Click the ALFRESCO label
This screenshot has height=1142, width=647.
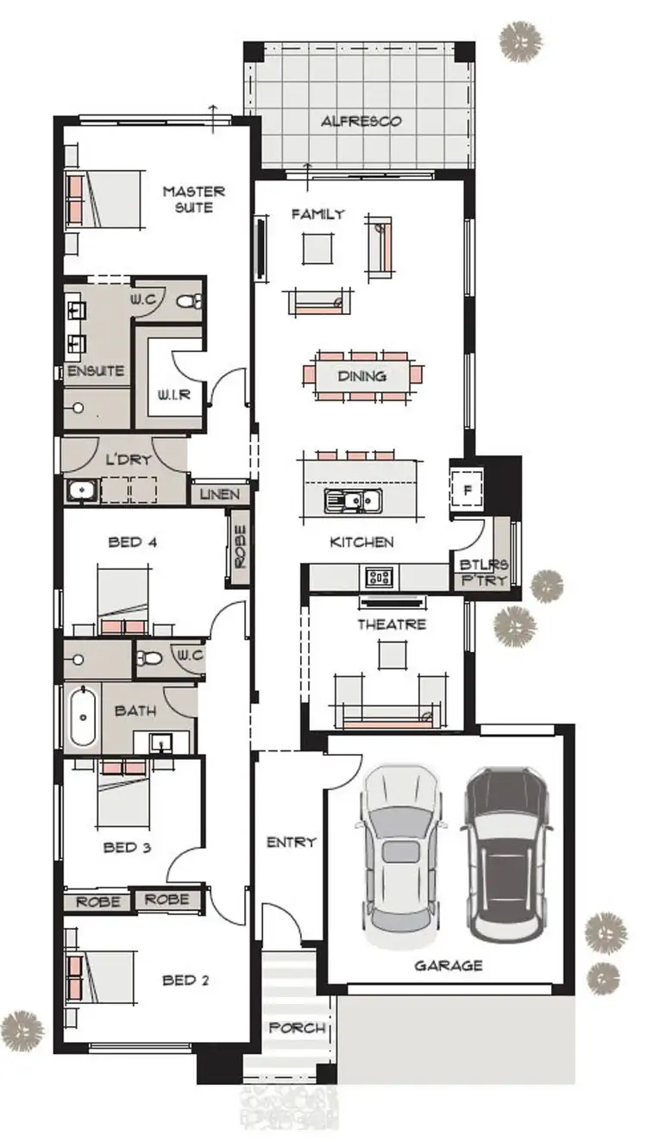(x=361, y=122)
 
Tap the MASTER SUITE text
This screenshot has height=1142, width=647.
(x=193, y=199)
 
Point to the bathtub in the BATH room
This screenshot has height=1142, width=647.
(x=83, y=716)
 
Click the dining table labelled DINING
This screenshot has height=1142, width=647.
(x=362, y=377)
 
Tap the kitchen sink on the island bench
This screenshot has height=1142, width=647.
(x=353, y=500)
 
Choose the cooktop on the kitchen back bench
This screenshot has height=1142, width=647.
(x=379, y=576)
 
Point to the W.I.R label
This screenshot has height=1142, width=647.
(x=173, y=395)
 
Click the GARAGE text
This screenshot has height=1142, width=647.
(x=448, y=965)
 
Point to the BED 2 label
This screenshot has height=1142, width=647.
(x=185, y=980)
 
